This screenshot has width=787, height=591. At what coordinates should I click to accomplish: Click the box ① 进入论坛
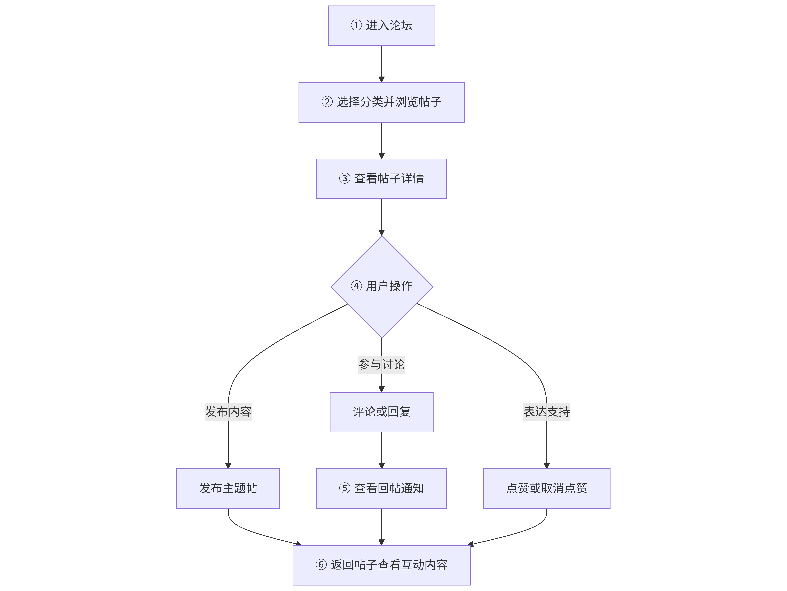(x=381, y=26)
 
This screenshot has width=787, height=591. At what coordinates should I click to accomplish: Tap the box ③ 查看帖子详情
(x=381, y=179)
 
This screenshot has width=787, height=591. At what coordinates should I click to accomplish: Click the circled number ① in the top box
(x=356, y=25)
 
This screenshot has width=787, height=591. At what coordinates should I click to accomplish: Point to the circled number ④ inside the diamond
(x=356, y=286)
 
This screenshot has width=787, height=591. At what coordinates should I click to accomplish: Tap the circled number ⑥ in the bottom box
(x=321, y=565)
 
